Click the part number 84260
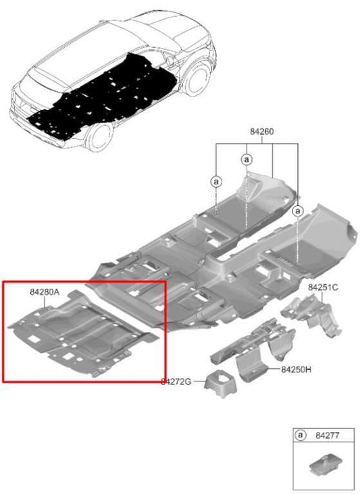pos(261,132)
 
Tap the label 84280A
pos(45,292)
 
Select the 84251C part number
pos(323,287)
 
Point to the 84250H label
pos(295,369)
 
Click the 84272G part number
pos(176,382)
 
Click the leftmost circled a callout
pos(216,181)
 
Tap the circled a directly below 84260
pos(247,159)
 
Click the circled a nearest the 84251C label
pos(298,211)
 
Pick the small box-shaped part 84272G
pos(220,383)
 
